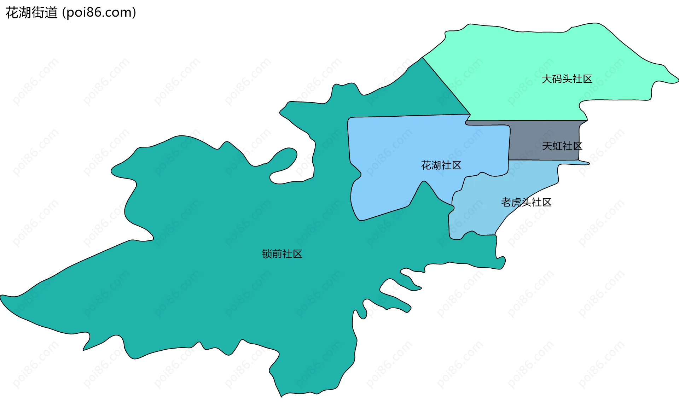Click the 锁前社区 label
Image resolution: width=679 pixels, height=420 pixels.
pyautogui.click(x=282, y=254)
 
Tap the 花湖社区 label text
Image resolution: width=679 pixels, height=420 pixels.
pyautogui.click(x=441, y=165)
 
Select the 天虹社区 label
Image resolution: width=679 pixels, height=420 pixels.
pyautogui.click(x=562, y=146)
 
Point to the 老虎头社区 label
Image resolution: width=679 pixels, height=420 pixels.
pyautogui.click(x=526, y=202)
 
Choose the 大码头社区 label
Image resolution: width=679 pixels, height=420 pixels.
pyautogui.click(x=567, y=79)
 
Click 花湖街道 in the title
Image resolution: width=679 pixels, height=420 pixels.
pyautogui.click(x=31, y=13)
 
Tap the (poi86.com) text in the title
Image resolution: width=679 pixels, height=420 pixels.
pyautogui.click(x=99, y=13)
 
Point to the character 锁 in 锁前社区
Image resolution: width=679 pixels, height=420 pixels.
pyautogui.click(x=267, y=254)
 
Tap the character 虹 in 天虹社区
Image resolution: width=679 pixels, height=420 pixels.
pyautogui.click(x=557, y=146)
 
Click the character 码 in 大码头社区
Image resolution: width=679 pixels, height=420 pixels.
pyautogui.click(x=557, y=79)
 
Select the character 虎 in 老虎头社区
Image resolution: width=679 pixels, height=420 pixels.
pyautogui.click(x=516, y=202)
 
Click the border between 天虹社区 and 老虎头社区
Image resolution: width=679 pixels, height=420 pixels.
pyautogui.click(x=545, y=160)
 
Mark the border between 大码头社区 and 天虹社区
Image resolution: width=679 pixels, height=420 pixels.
pyautogui.click(x=530, y=121)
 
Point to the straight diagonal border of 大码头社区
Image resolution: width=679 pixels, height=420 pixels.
pyautogui.click(x=446, y=86)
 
